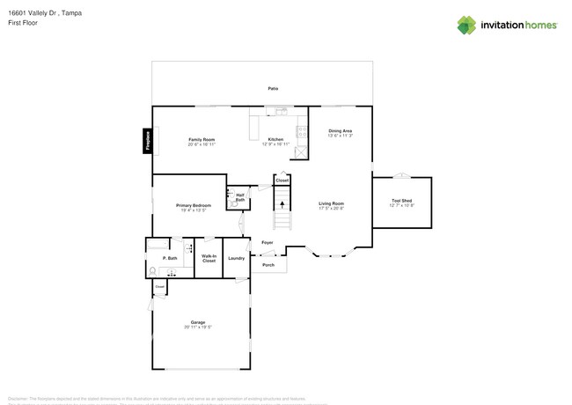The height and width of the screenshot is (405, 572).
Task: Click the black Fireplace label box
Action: click(148, 141)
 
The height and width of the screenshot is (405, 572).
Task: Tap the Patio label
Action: click(274, 89)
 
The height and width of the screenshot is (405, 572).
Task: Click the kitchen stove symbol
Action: click(302, 132)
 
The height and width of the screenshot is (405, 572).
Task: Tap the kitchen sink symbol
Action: click(282, 112)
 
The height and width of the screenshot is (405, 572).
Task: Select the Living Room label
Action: click(331, 205)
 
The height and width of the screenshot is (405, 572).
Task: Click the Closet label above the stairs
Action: click(282, 180)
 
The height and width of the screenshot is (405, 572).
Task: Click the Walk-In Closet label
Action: click(209, 259)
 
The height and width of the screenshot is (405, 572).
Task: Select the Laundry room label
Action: click(236, 258)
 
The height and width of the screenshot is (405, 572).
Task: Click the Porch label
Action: click(268, 264)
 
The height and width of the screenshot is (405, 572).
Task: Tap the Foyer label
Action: click(268, 242)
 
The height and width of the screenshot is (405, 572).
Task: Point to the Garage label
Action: click(198, 323)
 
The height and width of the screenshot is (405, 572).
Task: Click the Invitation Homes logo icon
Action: click(466, 26)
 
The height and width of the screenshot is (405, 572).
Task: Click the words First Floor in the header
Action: click(25, 23)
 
